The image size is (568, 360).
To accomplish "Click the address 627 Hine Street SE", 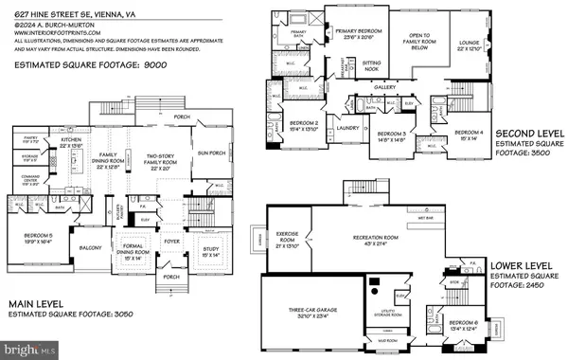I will pyautogui.click(x=57, y=8).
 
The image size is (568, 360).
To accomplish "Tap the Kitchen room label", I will pyautogui.click(x=72, y=139).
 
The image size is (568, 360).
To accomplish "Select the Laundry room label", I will pyautogui.click(x=346, y=127).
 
